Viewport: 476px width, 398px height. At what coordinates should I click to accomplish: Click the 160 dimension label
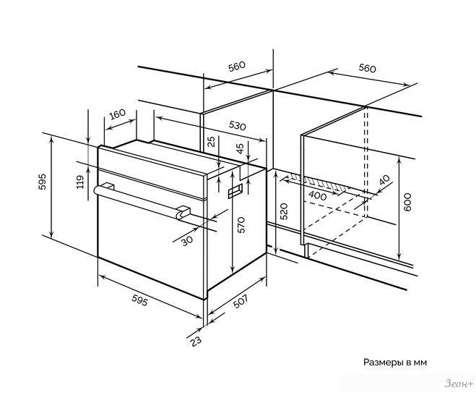click(117, 114)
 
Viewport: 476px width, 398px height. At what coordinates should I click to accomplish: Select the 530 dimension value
click(237, 125)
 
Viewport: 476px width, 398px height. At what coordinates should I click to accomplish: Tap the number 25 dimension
click(212, 141)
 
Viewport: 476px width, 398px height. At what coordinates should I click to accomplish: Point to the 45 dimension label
click(240, 148)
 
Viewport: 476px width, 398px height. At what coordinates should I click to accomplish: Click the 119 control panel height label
click(80, 182)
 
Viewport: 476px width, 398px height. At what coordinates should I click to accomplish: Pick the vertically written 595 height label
click(42, 182)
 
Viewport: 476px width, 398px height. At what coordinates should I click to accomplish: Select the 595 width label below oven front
click(139, 300)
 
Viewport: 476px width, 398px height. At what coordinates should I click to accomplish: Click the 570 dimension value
click(241, 225)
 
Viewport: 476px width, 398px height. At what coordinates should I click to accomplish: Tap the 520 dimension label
click(284, 211)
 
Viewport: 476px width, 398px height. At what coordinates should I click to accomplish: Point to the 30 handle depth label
click(187, 241)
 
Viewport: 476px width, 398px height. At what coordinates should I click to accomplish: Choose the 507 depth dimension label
click(240, 302)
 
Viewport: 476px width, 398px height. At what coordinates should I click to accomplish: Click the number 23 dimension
click(196, 341)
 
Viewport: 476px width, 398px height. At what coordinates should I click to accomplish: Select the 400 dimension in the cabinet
click(318, 196)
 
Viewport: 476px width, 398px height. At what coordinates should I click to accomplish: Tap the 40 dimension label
click(384, 180)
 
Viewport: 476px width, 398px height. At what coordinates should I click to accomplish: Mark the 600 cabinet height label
click(407, 202)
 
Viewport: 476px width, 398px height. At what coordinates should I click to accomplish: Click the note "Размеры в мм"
click(395, 363)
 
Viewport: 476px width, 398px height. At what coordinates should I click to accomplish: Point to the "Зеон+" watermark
click(459, 384)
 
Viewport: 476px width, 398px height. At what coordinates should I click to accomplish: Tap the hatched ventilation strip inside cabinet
click(318, 183)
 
